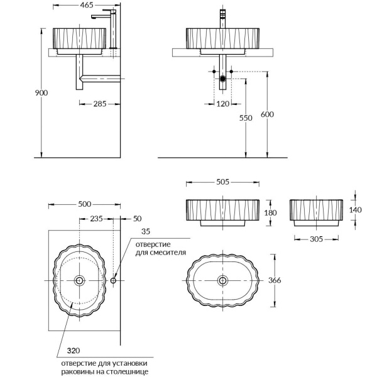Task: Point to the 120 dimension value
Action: (223, 104)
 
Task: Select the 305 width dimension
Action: (317, 239)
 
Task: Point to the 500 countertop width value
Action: (85, 204)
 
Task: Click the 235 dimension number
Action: (96, 219)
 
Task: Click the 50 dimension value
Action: (138, 219)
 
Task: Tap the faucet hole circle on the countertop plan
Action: (113, 280)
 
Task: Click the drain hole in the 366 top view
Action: (223, 280)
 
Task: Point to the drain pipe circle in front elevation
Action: (223, 79)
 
